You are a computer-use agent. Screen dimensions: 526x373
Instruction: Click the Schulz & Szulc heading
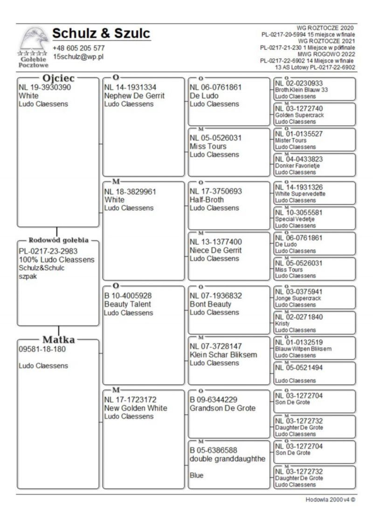point(101,34)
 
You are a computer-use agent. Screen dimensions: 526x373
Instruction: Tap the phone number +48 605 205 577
point(79,48)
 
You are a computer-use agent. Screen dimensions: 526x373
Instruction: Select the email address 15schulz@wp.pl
point(78,56)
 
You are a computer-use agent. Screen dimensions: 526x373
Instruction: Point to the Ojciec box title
point(59,78)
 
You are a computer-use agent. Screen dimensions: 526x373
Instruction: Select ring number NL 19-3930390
point(45,87)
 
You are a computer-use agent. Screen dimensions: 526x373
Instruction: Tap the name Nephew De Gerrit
point(135,95)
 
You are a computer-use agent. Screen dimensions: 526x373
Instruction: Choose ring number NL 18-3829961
point(130,191)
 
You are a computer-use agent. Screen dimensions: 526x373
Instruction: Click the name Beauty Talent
point(128,304)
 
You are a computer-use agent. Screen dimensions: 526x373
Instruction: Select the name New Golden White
point(136,408)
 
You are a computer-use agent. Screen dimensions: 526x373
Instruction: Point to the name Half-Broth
point(207,200)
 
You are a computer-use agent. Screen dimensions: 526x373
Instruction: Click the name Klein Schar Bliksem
point(223,355)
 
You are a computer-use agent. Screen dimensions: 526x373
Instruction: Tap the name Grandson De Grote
point(222,408)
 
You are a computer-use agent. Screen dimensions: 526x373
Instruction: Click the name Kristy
point(283,323)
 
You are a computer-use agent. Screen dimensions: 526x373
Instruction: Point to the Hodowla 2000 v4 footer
point(331,499)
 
